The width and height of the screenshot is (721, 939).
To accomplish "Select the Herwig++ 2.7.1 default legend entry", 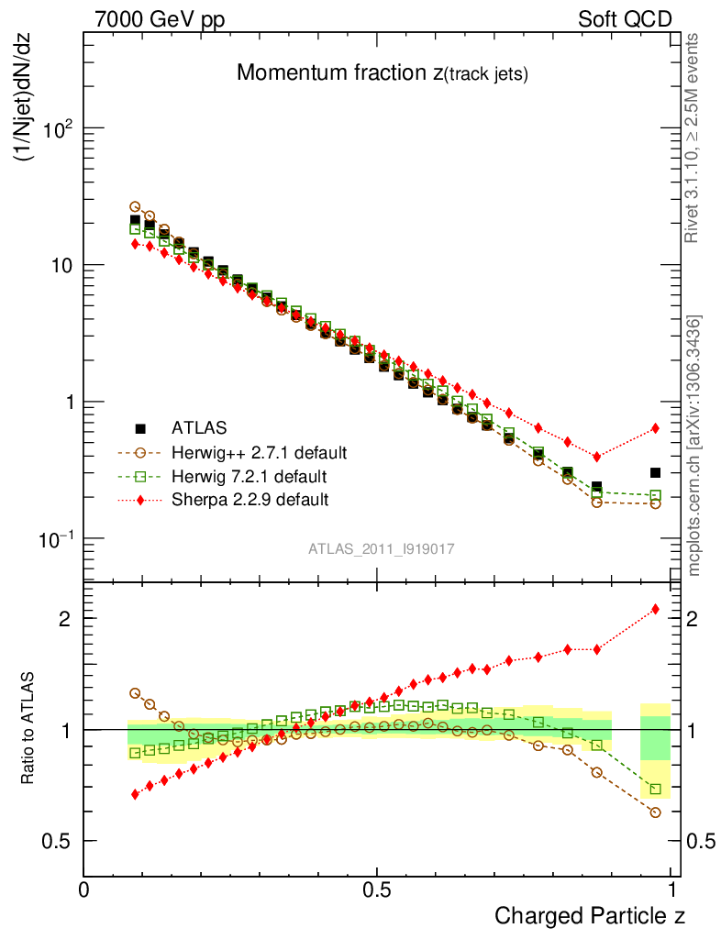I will pos(259,452).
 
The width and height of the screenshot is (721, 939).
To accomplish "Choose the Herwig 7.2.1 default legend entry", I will pos(250,476).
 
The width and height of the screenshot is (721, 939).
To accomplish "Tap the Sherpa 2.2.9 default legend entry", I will pos(250,500).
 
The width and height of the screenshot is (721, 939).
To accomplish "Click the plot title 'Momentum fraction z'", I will pos(382,73).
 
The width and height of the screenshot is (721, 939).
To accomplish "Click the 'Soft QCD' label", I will pos(625,19).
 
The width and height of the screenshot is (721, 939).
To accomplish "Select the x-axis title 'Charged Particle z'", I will pos(590,915).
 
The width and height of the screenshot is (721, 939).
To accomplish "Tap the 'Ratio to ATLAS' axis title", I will pos(29,724).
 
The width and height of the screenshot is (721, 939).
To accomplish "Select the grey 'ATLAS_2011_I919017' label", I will pos(381,548).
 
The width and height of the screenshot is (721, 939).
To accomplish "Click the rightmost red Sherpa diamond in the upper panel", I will pos(655,428).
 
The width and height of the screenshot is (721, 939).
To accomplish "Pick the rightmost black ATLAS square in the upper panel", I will pos(655,473).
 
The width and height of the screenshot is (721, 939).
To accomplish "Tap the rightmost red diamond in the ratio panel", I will pos(655,609).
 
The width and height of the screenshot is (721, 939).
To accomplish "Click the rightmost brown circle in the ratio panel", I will pos(655,812).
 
